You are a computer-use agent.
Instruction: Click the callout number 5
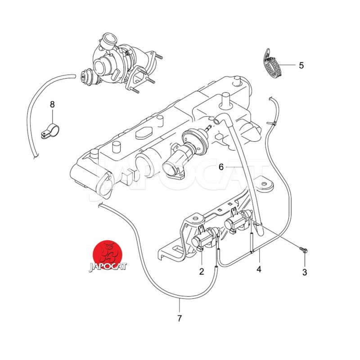(301, 65)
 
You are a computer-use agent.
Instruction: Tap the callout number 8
(52, 104)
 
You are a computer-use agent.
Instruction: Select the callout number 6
(221, 167)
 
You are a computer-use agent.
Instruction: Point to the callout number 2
(202, 271)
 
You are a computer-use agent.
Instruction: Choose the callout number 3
(305, 272)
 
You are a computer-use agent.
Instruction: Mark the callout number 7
(180, 319)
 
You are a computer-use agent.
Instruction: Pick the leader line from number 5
(288, 65)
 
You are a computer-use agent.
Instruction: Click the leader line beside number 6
(234, 167)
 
